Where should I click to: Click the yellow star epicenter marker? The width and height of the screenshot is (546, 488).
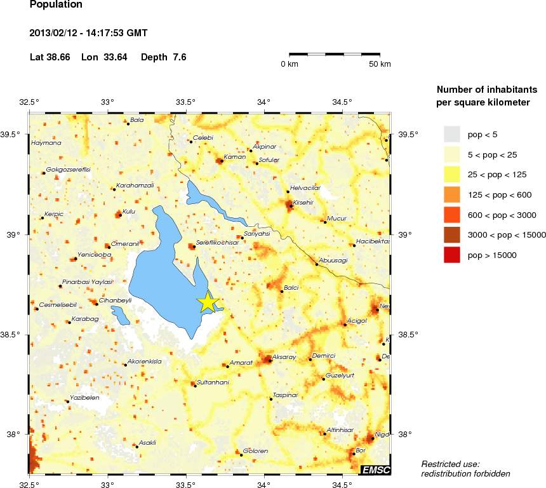click(x=208, y=302)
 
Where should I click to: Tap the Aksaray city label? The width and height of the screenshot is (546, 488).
click(x=284, y=357)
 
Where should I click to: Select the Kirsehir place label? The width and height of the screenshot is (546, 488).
click(x=303, y=202)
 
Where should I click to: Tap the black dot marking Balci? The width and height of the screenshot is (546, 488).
click(x=282, y=291)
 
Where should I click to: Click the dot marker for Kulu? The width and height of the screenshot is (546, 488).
click(x=121, y=215)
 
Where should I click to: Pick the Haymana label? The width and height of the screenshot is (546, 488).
click(x=46, y=143)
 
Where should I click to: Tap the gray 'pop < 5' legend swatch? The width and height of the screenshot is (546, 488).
click(x=451, y=134)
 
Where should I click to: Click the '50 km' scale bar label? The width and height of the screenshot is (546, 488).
click(x=380, y=64)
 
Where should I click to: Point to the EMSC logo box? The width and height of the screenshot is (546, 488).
click(x=375, y=470)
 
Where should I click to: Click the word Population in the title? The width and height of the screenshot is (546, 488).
click(x=56, y=4)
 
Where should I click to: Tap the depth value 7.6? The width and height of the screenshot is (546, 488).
click(x=180, y=57)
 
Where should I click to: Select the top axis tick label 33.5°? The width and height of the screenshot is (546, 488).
click(x=186, y=102)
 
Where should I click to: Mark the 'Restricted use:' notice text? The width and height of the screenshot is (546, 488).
click(x=450, y=464)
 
